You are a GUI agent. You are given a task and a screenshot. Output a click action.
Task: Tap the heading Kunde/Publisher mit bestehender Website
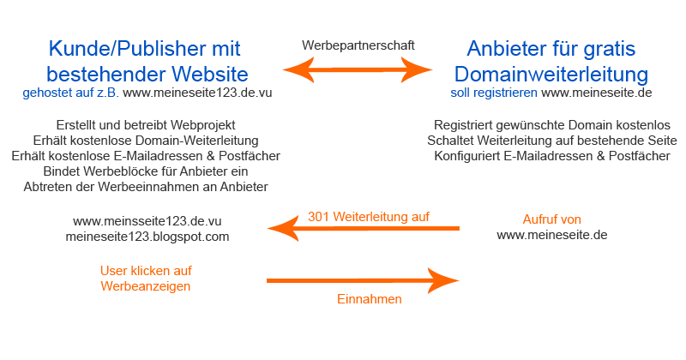pyautogui.click(x=145, y=60)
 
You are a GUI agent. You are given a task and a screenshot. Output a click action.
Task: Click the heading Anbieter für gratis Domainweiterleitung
pyautogui.click(x=551, y=60)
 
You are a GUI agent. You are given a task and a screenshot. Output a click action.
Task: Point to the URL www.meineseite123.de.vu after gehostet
pyautogui.click(x=197, y=92)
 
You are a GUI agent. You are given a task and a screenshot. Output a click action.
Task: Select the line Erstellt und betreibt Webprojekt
pyautogui.click(x=145, y=124)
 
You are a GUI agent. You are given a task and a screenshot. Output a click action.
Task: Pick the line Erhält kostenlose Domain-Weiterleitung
pyautogui.click(x=145, y=140)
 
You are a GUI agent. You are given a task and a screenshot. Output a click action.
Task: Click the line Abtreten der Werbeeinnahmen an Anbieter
pyautogui.click(x=145, y=187)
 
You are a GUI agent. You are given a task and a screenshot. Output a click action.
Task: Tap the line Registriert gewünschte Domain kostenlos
pyautogui.click(x=551, y=124)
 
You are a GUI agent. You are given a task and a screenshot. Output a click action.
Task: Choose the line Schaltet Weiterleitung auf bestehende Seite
pyautogui.click(x=551, y=140)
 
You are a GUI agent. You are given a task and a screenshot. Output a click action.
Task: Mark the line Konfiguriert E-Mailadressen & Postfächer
pyautogui.click(x=551, y=156)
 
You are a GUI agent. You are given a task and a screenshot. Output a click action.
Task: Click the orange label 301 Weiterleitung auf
pyautogui.click(x=368, y=216)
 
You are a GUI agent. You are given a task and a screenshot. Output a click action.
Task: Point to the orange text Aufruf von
pyautogui.click(x=551, y=219)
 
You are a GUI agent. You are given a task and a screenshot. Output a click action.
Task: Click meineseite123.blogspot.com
pyautogui.click(x=147, y=236)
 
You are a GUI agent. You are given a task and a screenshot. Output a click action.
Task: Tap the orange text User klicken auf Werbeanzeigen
pyautogui.click(x=145, y=277)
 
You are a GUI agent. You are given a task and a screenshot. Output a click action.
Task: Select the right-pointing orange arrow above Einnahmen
pyautogui.click(x=364, y=280)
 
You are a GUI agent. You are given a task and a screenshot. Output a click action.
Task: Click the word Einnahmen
pyautogui.click(x=368, y=300)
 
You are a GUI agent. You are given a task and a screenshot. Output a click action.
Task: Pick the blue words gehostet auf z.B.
pyautogui.click(x=71, y=92)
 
